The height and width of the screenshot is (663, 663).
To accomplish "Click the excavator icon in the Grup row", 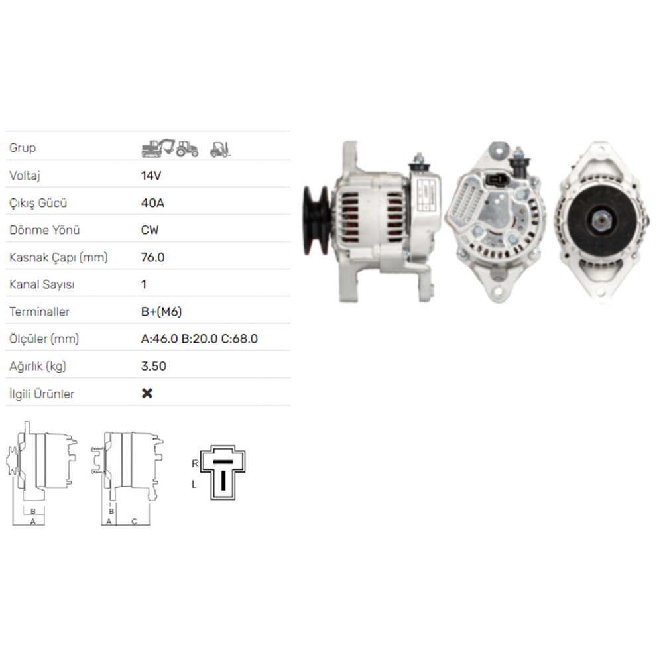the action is click(158, 148).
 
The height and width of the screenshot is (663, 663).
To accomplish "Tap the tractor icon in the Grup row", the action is click(187, 149).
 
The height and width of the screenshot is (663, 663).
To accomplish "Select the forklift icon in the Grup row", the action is click(220, 149).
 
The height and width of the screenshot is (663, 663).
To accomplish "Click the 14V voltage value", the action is click(151, 176).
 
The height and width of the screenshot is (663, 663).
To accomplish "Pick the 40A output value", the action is click(152, 203).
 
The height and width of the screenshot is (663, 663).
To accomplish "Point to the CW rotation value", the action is click(150, 230).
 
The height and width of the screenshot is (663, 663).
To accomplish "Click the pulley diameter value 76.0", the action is click(152, 257).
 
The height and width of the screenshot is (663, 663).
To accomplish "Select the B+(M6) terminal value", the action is click(162, 312).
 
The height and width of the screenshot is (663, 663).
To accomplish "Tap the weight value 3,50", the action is click(154, 366).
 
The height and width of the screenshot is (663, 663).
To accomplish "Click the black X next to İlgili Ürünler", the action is click(147, 393).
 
